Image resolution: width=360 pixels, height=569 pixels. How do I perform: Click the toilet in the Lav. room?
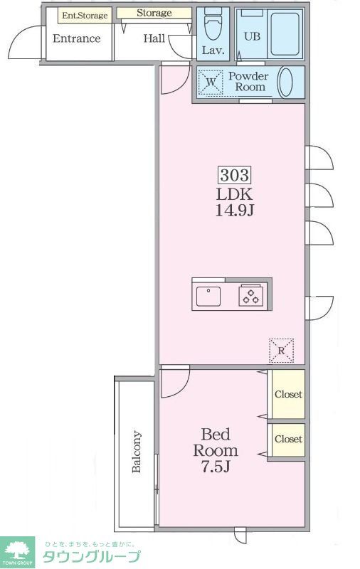(213, 24)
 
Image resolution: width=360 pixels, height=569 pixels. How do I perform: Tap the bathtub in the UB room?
(285, 34)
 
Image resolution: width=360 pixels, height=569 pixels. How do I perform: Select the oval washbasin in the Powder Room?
(285, 82)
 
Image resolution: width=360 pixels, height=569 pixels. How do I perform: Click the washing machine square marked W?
(211, 83)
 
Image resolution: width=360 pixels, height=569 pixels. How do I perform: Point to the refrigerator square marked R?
(281, 351)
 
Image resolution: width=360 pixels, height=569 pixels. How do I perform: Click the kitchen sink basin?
(208, 296)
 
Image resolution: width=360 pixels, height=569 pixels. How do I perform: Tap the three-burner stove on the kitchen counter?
(250, 295)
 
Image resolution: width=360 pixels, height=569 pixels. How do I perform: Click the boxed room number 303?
(235, 175)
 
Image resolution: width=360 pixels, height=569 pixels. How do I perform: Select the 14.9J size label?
(235, 210)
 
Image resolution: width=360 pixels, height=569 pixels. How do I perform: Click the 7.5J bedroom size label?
(216, 467)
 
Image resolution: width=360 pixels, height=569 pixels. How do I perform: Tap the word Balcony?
(137, 452)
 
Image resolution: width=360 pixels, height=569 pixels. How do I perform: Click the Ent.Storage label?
(85, 16)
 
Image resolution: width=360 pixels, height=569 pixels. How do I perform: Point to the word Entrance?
(77, 38)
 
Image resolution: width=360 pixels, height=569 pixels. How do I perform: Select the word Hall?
(154, 38)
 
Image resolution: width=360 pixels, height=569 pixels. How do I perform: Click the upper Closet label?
(288, 394)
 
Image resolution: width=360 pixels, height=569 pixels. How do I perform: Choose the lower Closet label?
(288, 439)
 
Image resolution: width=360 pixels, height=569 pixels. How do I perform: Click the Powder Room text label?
(249, 82)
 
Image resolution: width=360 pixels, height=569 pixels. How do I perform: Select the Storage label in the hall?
(154, 13)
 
